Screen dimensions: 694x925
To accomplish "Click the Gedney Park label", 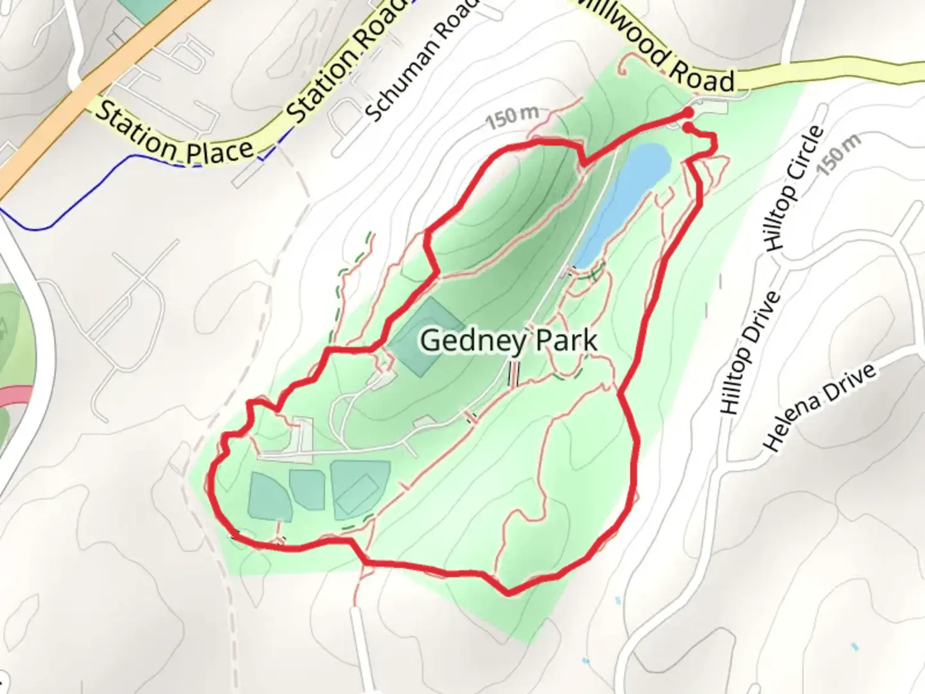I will (x=509, y=341).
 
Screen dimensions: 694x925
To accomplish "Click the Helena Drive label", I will (x=820, y=406).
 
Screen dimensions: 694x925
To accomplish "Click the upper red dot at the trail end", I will (x=689, y=112).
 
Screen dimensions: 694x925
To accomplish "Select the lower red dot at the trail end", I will (x=688, y=128).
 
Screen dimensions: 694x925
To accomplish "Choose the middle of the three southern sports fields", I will (x=307, y=490).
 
